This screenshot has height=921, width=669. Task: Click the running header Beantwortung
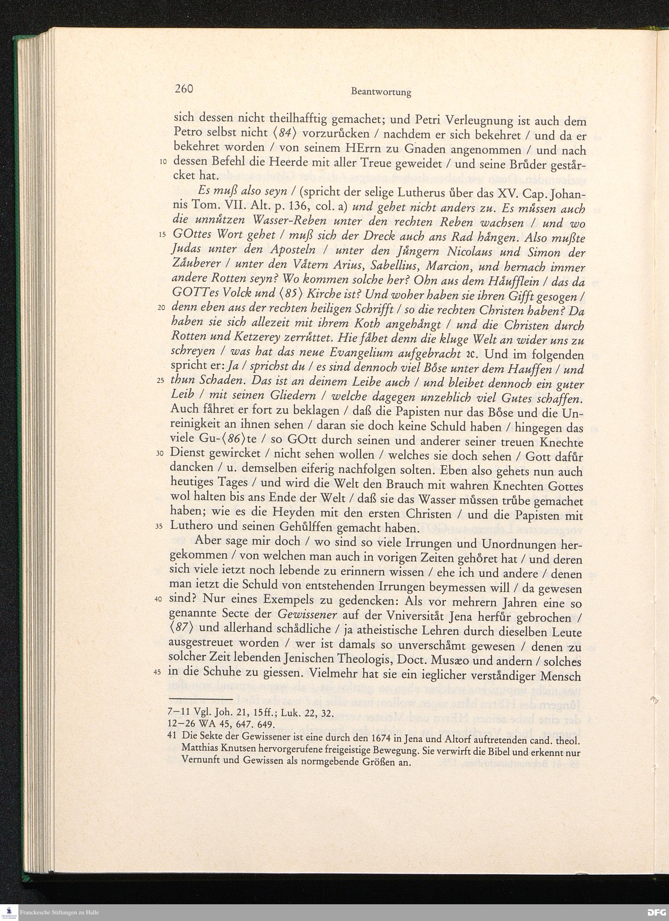click(x=381, y=92)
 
